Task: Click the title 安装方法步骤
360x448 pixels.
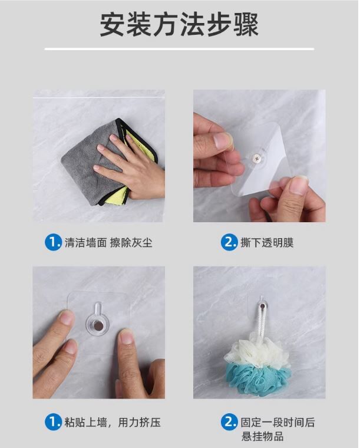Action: (x=179, y=24)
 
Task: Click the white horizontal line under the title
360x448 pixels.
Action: (x=179, y=49)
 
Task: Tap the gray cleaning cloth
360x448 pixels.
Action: (x=85, y=169)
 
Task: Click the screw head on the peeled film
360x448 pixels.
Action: (x=256, y=158)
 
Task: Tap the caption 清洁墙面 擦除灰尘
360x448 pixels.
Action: (x=108, y=243)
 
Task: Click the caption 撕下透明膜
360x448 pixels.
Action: (x=267, y=243)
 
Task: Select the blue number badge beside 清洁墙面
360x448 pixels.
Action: (x=53, y=243)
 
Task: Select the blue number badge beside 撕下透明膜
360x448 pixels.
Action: (x=229, y=243)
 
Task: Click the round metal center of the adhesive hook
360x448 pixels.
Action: (x=98, y=325)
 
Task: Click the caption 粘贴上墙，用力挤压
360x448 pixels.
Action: (x=113, y=422)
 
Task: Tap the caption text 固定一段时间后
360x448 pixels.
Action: (x=278, y=422)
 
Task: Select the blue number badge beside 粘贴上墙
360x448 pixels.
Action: (x=53, y=422)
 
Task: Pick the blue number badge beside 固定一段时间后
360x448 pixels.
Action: (x=229, y=422)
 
